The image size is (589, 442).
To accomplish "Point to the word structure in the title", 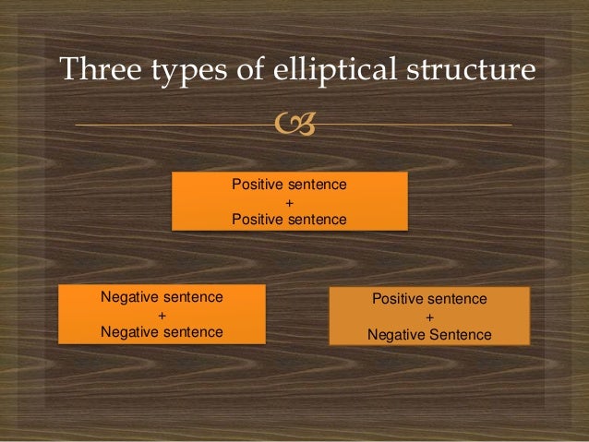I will [x=477, y=70].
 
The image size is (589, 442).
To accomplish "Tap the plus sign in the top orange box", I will [x=289, y=202].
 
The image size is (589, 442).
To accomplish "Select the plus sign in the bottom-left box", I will [x=162, y=315].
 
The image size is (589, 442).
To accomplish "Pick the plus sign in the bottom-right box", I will [x=429, y=317].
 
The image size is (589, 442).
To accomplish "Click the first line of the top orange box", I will [x=289, y=185].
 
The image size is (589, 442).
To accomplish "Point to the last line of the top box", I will [x=289, y=220].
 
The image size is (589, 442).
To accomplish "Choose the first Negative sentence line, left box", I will [x=162, y=297].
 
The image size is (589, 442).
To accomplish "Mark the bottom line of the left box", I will [x=162, y=332].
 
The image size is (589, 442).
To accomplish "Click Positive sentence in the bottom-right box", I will [x=429, y=300].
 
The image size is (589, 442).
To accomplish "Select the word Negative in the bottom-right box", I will [x=397, y=335].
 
